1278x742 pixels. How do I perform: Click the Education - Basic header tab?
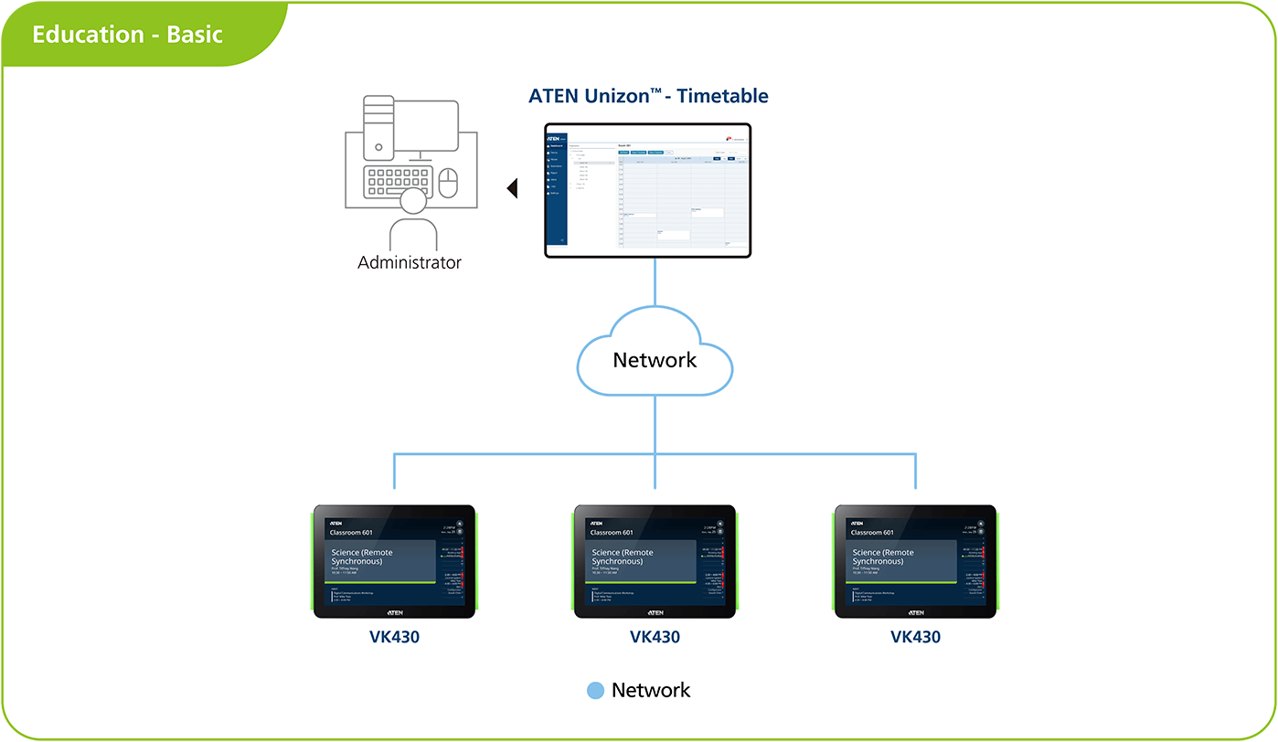tap(128, 36)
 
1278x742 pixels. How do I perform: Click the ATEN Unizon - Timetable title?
tap(648, 96)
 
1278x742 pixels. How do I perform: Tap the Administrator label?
tap(410, 263)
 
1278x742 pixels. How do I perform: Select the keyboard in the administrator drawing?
tap(397, 180)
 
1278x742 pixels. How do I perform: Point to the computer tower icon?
tap(378, 127)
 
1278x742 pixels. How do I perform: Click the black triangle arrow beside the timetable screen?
tap(513, 189)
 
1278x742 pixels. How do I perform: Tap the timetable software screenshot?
tap(647, 190)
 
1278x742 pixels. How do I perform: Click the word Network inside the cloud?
tap(655, 360)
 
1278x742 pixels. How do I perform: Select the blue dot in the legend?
tap(596, 691)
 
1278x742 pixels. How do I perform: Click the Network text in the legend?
tap(651, 691)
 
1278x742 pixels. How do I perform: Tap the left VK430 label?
tap(394, 637)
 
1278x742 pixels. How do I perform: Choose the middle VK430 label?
tap(655, 637)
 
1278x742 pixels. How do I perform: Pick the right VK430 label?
tap(915, 637)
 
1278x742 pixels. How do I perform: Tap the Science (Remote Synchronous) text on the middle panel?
tap(623, 556)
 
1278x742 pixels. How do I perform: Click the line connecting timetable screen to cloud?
tap(655, 283)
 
